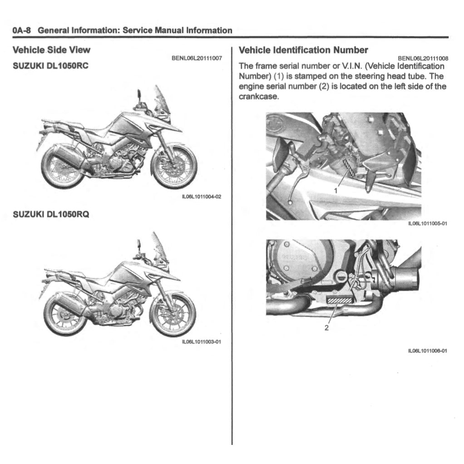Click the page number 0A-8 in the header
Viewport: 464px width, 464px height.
click(21, 31)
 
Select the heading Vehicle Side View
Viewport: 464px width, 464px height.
click(51, 50)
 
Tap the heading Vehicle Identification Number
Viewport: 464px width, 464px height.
click(303, 50)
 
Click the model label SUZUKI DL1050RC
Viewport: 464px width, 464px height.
click(50, 65)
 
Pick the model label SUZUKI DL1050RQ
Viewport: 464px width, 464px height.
click(50, 214)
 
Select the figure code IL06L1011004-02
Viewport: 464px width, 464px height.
click(201, 196)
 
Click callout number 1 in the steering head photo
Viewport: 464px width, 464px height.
click(336, 190)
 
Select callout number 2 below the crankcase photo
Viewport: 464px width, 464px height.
click(326, 328)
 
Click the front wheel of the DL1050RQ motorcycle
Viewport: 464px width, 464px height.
click(173, 313)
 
